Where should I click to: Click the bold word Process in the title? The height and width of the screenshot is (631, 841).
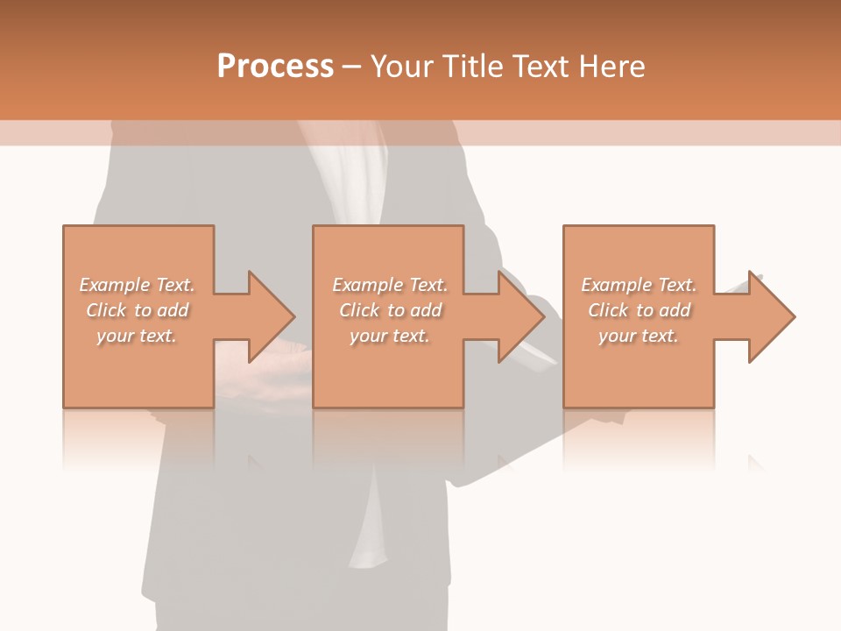[x=275, y=67]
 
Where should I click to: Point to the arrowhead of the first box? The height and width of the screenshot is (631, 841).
[x=272, y=316]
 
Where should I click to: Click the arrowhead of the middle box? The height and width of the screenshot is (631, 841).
[x=522, y=316]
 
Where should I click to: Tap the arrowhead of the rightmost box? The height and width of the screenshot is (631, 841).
[x=772, y=316]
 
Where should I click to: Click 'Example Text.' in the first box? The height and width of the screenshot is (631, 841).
[x=137, y=285]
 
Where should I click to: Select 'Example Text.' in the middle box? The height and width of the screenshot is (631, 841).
[x=390, y=285]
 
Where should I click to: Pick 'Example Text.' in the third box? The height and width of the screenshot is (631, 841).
[x=639, y=285]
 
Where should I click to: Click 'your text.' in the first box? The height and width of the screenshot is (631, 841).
[x=137, y=336]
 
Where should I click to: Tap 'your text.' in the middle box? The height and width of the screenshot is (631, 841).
[x=390, y=336]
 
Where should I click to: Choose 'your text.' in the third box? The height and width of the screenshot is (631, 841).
[x=639, y=336]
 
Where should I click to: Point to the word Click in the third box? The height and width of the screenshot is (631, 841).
[x=608, y=310]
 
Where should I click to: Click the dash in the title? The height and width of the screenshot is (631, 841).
[x=352, y=67]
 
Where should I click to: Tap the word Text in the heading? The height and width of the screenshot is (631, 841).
[x=539, y=67]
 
